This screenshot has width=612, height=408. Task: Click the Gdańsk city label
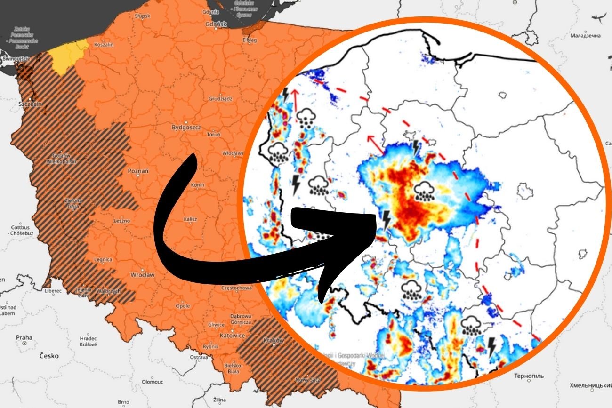pyautogui.click(x=217, y=24)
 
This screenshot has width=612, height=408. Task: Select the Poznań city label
pyautogui.click(x=138, y=171)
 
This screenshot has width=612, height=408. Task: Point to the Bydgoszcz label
pyautogui.click(x=186, y=128)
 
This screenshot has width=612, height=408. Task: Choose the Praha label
pyautogui.click(x=24, y=337)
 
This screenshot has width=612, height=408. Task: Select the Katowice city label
pyautogui.click(x=232, y=336)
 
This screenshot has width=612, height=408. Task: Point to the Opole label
pyautogui.click(x=182, y=306)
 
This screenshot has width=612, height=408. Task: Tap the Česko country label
pyautogui.click(x=49, y=356)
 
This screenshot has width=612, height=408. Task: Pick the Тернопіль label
pyautogui.click(x=528, y=376)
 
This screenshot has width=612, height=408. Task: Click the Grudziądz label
pyautogui.click(x=220, y=99)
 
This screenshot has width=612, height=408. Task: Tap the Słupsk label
pyautogui.click(x=142, y=16)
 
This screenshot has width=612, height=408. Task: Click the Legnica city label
pyautogui.click(x=103, y=259)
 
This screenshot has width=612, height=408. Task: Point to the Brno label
pyautogui.click(x=123, y=402)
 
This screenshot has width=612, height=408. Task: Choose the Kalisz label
pyautogui.click(x=191, y=219)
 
